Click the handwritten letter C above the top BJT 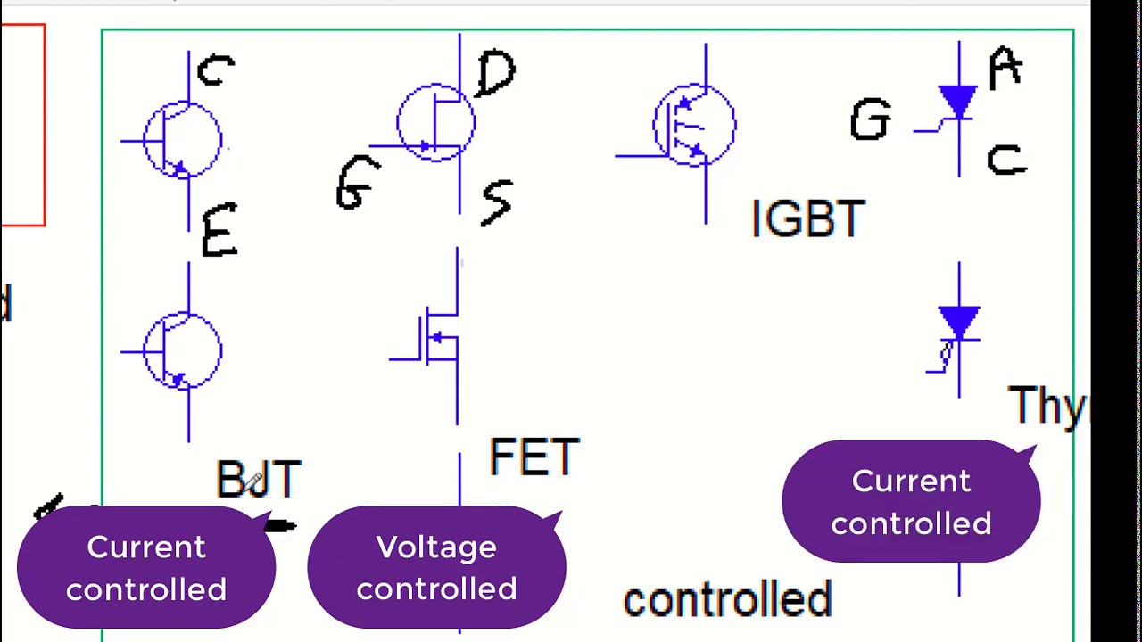click(x=216, y=70)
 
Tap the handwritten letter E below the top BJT click(x=219, y=231)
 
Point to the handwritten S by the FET click(x=497, y=202)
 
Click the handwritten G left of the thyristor click(x=870, y=120)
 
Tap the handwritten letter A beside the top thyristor click(x=1005, y=68)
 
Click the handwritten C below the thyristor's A click(x=1007, y=160)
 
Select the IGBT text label click(x=808, y=218)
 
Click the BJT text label click(x=259, y=480)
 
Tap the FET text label click(x=534, y=457)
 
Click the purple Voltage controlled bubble click(x=436, y=567)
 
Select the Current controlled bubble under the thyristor click(x=911, y=501)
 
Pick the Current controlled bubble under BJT click(x=146, y=567)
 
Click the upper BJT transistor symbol click(x=183, y=141)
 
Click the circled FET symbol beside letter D click(x=436, y=123)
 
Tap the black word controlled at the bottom click(x=727, y=600)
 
